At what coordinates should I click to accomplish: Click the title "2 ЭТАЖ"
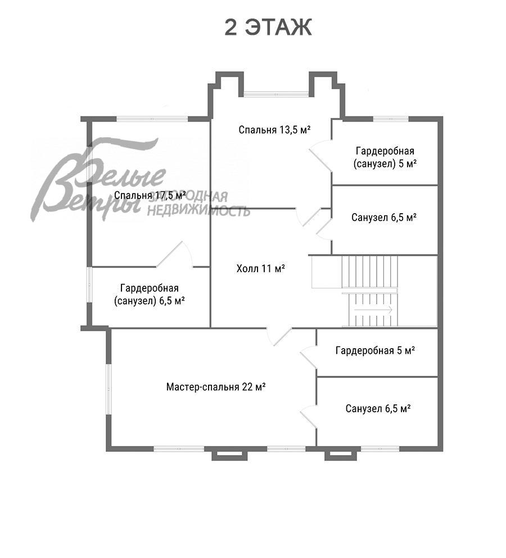tap(268, 28)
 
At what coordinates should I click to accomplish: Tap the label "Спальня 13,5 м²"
tap(275, 130)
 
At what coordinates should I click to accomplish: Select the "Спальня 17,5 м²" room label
tap(150, 196)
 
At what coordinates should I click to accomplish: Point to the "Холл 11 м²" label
tap(261, 268)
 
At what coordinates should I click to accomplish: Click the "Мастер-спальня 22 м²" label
tap(216, 387)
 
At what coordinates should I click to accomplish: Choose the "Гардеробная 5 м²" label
tap(375, 351)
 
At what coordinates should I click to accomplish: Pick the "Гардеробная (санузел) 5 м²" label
tap(385, 157)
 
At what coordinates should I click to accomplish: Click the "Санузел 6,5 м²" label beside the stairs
tap(384, 217)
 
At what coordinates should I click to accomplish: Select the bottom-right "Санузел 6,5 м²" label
tap(378, 408)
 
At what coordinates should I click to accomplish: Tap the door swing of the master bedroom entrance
tap(279, 336)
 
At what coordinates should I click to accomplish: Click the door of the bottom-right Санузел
tap(308, 416)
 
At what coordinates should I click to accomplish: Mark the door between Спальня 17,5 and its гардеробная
tap(176, 255)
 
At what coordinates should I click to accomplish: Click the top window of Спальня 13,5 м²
tap(275, 94)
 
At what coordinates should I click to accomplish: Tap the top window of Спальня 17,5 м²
tap(152, 119)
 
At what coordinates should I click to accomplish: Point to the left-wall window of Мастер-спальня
tap(109, 388)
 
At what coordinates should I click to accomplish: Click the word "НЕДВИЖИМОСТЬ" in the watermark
tap(198, 211)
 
